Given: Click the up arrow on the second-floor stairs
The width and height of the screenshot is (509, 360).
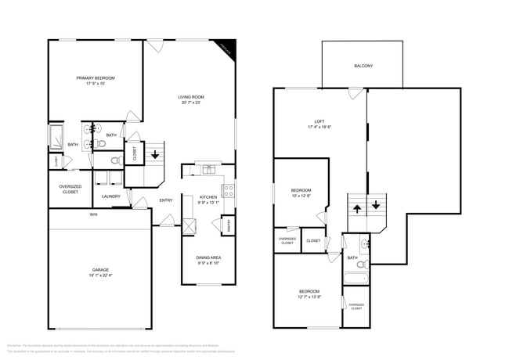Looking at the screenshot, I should [357, 207].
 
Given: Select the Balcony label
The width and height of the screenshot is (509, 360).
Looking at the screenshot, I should [363, 66].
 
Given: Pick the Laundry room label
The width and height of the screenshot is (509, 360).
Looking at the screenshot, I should [110, 196].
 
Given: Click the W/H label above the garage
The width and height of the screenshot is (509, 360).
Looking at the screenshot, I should [93, 214].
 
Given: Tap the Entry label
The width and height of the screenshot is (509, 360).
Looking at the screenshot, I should [166, 200].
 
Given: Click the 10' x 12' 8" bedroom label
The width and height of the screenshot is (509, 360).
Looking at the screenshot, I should [301, 193].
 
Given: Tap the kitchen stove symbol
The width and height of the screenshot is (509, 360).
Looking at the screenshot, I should [229, 189].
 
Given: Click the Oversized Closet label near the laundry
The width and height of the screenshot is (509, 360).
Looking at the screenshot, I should [70, 189].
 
